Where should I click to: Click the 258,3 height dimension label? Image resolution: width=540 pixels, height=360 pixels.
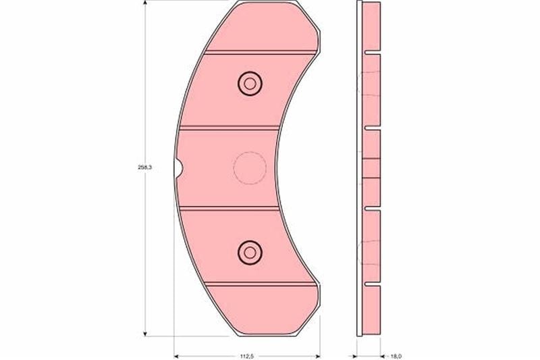click(145, 168)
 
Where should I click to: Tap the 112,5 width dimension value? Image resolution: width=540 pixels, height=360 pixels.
click(246, 356)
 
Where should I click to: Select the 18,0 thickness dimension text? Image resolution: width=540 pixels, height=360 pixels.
click(396, 356)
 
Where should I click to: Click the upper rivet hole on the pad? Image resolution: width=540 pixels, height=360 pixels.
click(250, 84)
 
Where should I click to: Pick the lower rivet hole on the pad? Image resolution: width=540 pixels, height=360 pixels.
click(250, 253)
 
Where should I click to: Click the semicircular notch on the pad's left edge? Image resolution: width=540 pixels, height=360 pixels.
click(179, 168)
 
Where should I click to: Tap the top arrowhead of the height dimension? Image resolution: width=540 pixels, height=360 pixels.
click(145, 3)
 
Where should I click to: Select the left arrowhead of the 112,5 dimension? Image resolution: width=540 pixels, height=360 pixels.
click(177, 356)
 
